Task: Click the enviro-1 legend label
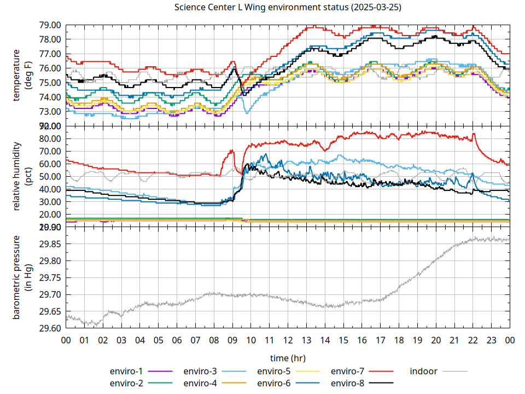point(126,371)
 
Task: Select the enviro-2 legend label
point(126,383)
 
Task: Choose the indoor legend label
point(423,371)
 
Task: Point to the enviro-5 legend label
point(274,371)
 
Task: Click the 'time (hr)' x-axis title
point(288,358)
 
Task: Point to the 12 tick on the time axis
point(288,340)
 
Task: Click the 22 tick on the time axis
point(472,340)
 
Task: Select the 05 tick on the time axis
point(158,340)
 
